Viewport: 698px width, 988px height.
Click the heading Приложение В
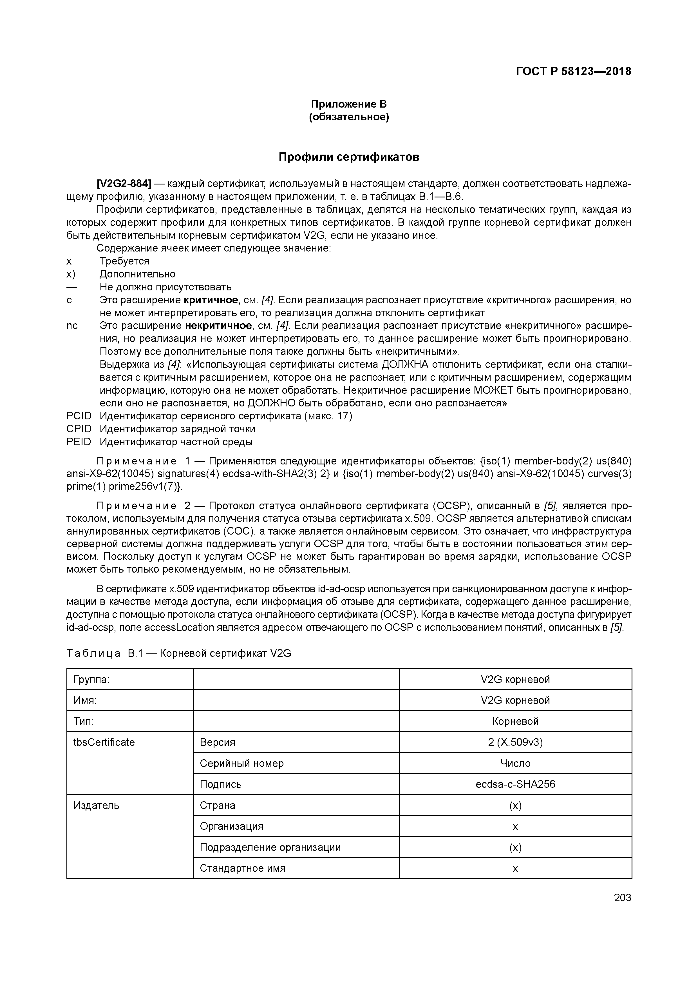click(x=349, y=104)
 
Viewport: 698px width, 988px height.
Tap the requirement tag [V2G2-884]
click(x=124, y=184)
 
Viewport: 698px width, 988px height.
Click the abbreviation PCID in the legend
click(x=79, y=416)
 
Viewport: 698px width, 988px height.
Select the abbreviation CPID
click(x=79, y=429)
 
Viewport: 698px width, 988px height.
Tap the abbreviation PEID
click(x=79, y=442)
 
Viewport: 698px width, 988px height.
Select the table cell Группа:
click(x=91, y=680)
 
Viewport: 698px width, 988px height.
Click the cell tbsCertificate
click(x=104, y=742)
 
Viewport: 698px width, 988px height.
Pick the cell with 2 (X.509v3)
click(x=515, y=742)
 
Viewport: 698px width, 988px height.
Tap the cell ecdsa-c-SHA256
click(x=515, y=784)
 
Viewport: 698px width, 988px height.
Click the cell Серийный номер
click(x=242, y=763)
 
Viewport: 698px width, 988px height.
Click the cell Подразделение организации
click(x=270, y=847)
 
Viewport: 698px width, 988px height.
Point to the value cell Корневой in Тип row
click(x=515, y=721)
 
